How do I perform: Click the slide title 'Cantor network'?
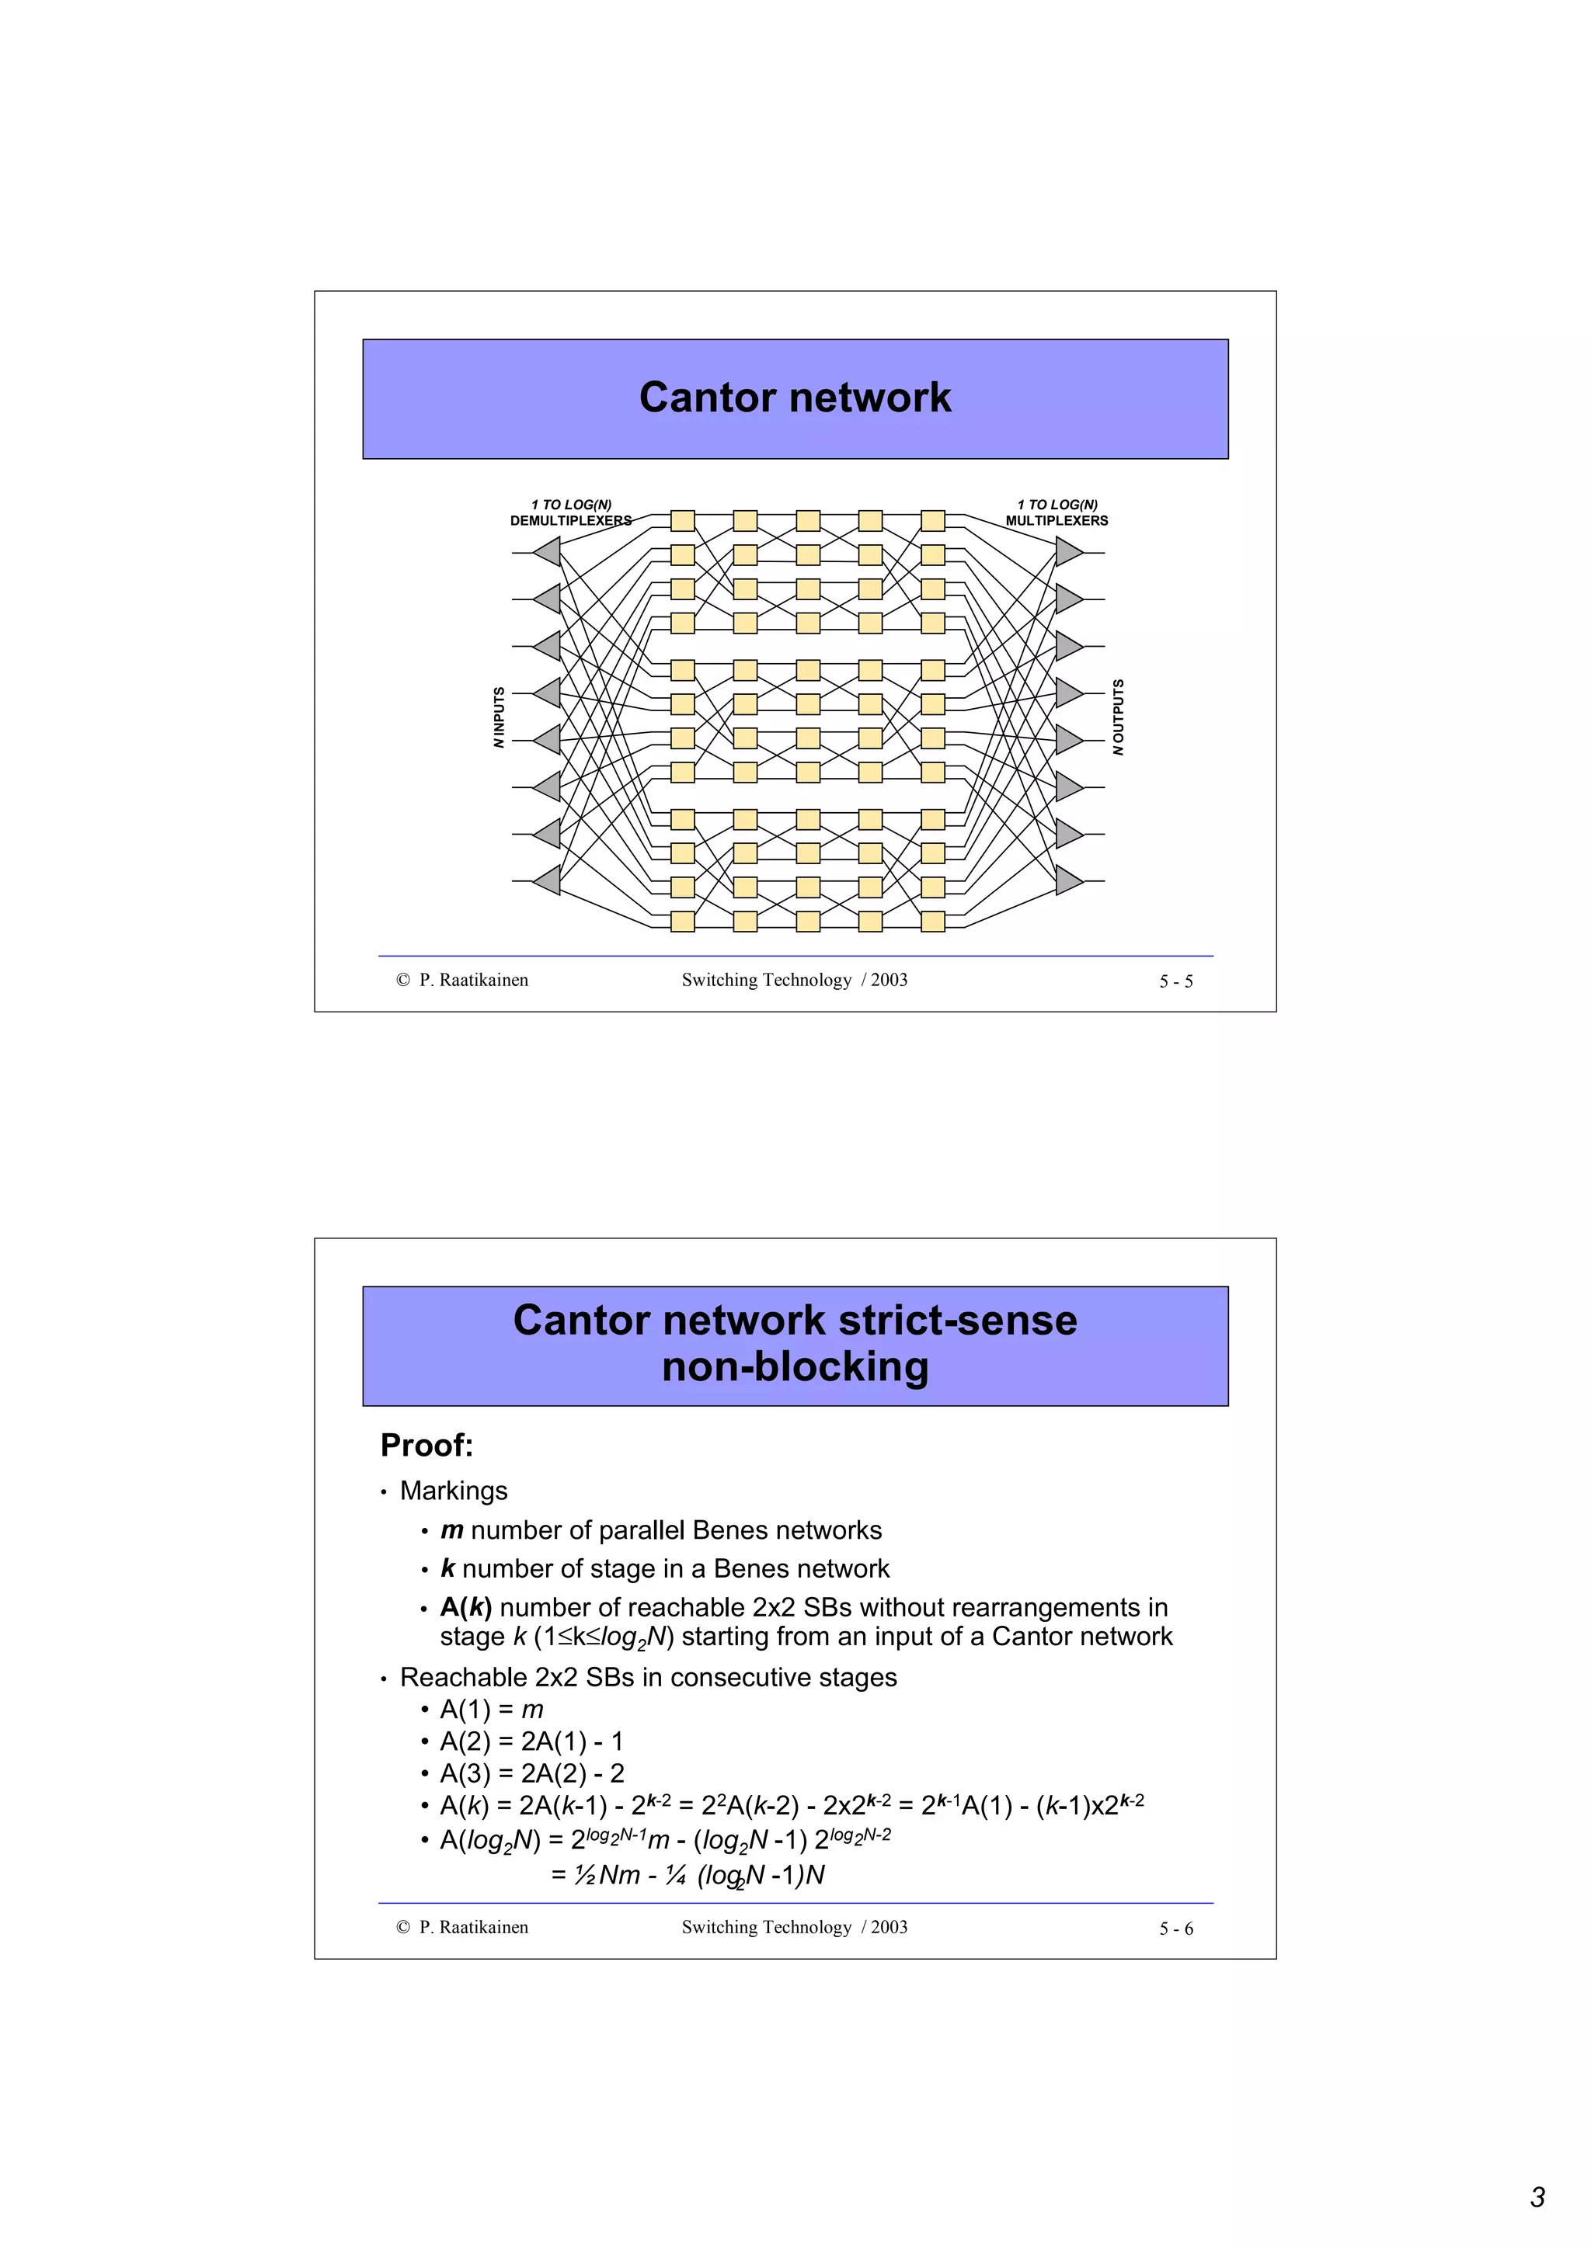pos(794,398)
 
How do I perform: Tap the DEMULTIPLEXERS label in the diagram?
pos(570,520)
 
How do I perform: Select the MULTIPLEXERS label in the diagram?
pos(1056,520)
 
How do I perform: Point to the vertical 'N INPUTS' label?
pos(499,717)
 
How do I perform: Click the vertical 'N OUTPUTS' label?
pos(1119,717)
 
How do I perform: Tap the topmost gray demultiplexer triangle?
pos(548,552)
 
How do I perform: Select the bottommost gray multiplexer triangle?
pos(1067,880)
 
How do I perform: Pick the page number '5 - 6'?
pos(1175,1929)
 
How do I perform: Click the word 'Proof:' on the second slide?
pos(426,1446)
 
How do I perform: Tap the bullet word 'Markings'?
pos(453,1491)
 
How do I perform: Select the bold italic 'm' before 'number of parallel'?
pos(451,1531)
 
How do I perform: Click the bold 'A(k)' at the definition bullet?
pos(465,1607)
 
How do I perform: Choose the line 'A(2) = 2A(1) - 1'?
pos(531,1741)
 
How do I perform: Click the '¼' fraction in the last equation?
pos(675,1875)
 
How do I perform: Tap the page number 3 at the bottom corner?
pos(1537,2197)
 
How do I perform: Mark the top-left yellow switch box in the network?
pos(682,520)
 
